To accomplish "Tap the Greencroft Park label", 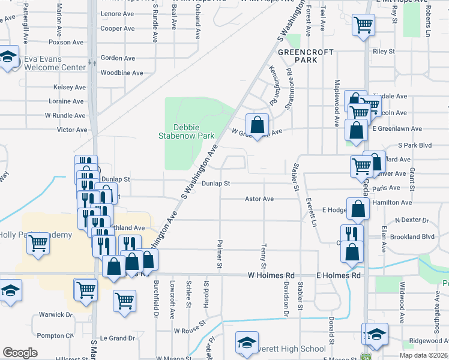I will point(306,56).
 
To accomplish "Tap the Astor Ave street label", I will point(259,199).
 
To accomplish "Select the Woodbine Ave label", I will point(121,73).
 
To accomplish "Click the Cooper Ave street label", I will point(118,28).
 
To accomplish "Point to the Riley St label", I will point(384,52).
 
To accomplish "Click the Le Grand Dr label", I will point(119,338).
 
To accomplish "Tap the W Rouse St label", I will point(189,331).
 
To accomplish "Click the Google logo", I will point(20,353).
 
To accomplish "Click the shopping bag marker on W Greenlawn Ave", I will point(257,125).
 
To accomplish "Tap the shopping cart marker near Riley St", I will point(363,26).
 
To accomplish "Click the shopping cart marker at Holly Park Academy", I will point(38,243).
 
